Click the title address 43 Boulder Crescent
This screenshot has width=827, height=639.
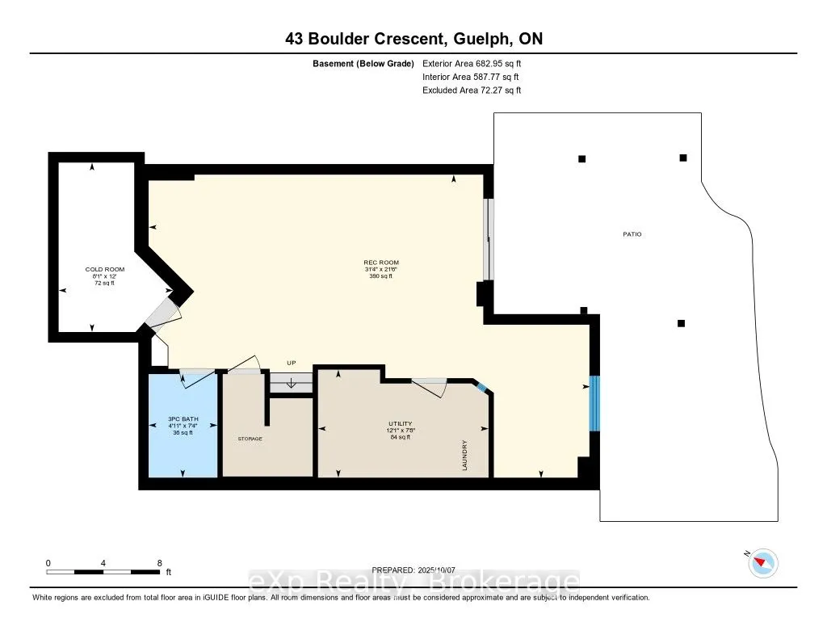pos(364,39)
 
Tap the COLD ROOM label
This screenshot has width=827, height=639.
pos(105,269)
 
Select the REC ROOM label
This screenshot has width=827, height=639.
pos(381,263)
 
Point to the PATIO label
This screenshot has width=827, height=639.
pos(632,234)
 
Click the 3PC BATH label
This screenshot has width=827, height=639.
pos(183,419)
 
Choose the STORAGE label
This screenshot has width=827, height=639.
pos(250,439)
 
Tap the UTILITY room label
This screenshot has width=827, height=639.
pos(401,424)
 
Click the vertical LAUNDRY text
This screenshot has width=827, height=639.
pos(464,455)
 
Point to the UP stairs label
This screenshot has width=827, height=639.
pos(291,363)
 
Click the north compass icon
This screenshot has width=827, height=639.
pos(762,562)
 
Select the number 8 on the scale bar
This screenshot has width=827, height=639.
pos(159,563)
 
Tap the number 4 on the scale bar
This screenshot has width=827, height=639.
pos(103,563)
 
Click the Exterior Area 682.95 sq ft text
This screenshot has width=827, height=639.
pos(472,63)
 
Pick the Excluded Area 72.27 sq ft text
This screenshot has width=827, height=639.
pos(472,90)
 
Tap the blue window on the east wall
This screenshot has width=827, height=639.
pos(594,403)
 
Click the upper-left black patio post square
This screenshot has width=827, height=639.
pos(581,159)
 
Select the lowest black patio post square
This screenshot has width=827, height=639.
pos(681,323)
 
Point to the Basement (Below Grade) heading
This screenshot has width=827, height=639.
pos(363,64)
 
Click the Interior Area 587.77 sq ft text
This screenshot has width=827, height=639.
pos(471,77)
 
